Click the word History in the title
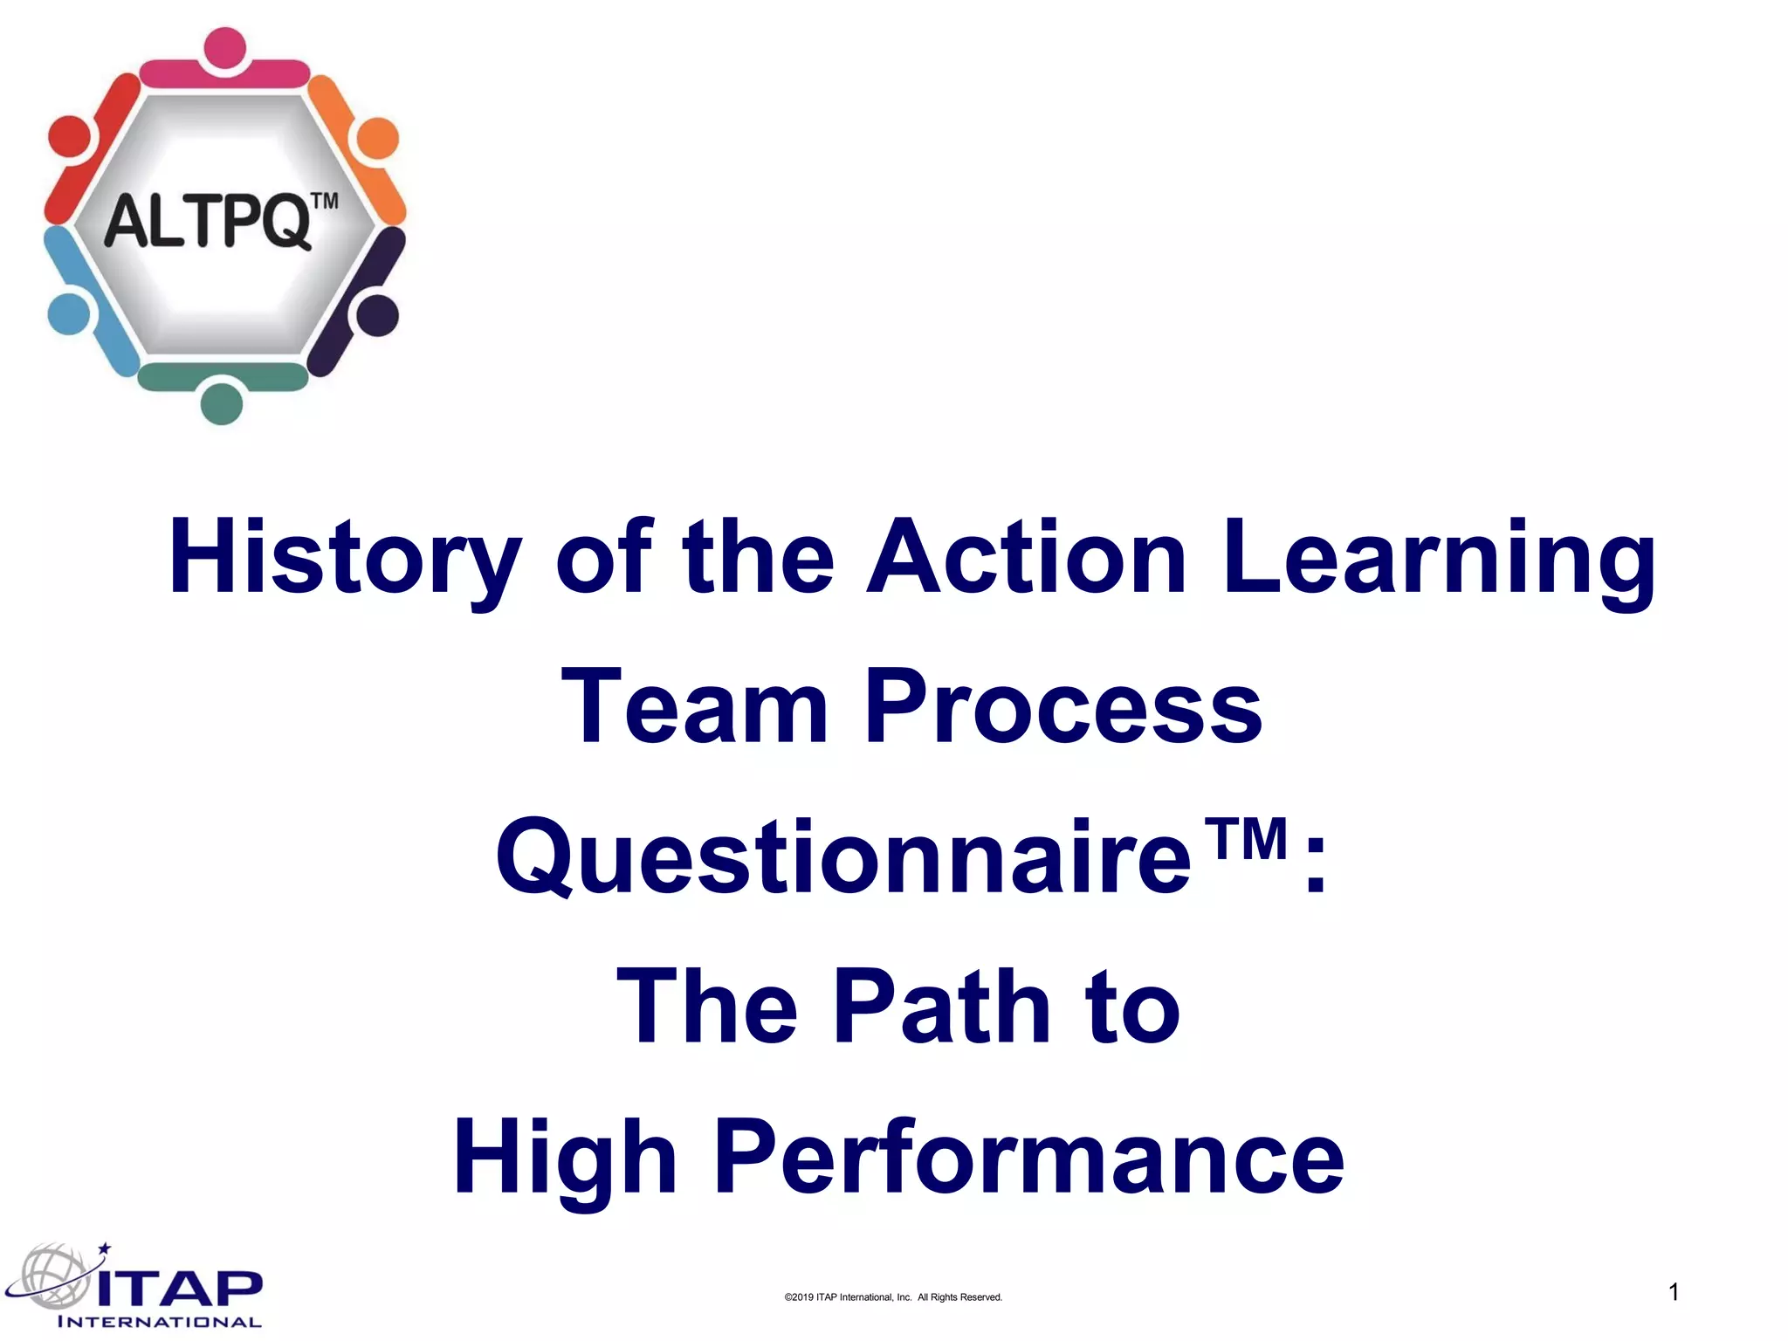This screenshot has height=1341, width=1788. tap(344, 559)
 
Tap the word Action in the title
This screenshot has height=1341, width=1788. tap(1027, 559)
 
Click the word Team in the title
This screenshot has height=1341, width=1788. tap(695, 707)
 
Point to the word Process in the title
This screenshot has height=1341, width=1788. tap(1063, 707)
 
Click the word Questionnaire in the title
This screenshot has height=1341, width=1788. tap(843, 858)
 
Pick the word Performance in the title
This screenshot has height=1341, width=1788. tap(1030, 1159)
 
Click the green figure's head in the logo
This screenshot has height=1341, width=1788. tap(222, 403)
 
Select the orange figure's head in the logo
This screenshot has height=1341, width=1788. tap(378, 138)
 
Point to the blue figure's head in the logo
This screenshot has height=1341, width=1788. tap(67, 313)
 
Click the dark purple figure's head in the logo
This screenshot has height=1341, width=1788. tap(377, 315)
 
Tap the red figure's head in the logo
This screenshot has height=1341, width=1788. tap(68, 137)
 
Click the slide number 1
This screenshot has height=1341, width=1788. tap(1674, 1292)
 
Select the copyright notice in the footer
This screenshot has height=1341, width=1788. tap(893, 1297)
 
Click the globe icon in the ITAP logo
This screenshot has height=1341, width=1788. tap(54, 1276)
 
